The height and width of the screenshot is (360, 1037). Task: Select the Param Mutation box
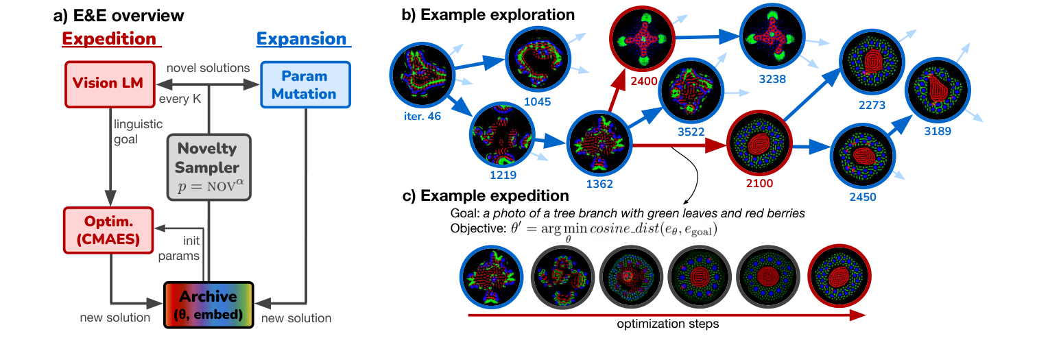click(306, 84)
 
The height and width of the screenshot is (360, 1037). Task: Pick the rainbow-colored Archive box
click(208, 305)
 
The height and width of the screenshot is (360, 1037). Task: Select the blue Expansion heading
click(302, 38)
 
